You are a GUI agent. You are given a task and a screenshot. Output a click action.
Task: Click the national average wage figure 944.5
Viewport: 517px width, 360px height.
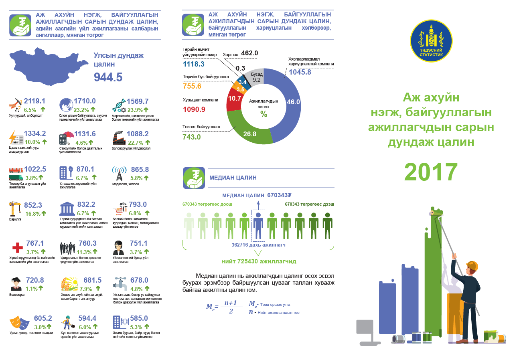pos(108,77)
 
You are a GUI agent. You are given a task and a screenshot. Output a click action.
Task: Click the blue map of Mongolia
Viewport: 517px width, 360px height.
pos(48,68)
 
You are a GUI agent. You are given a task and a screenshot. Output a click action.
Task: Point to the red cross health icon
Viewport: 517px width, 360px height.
pos(16,247)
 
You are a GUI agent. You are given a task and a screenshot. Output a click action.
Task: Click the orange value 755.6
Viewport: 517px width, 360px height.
pos(192,86)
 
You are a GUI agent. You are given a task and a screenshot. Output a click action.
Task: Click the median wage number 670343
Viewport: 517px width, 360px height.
pos(278,195)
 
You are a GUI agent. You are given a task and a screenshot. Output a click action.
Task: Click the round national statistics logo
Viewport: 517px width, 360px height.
pos(431,41)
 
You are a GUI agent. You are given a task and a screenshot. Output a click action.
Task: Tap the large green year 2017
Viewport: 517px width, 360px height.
pos(431,172)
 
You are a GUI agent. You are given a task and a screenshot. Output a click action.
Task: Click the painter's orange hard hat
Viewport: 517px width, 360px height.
pos(472,265)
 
